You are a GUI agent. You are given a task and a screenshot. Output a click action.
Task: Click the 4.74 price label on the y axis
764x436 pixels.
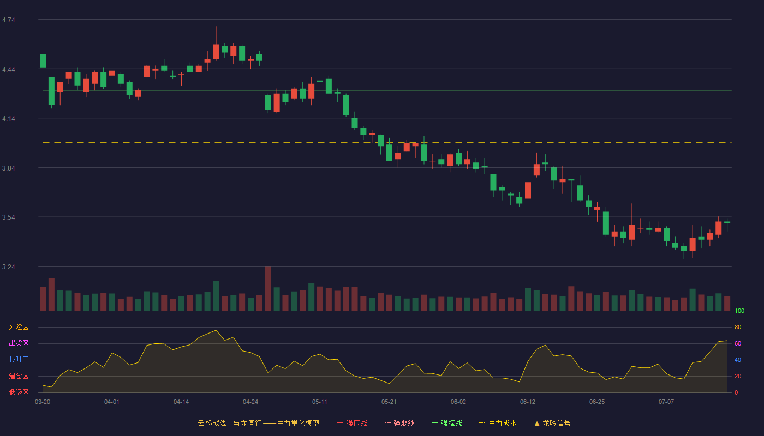pos(9,20)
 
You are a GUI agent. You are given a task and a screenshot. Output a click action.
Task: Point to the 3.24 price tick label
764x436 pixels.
pos(9,267)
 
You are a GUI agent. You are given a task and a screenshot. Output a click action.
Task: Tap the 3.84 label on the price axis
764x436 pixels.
pos(9,168)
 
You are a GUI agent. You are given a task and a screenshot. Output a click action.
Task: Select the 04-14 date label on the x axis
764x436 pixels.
pos(181,402)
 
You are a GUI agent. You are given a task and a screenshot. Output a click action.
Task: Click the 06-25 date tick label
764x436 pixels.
pos(597,402)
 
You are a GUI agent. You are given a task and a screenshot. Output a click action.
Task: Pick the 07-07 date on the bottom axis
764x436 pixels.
pos(666,402)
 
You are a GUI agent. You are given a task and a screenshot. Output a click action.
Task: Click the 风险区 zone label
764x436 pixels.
pos(19,327)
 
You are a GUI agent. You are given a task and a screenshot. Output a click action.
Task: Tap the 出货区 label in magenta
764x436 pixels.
pos(19,343)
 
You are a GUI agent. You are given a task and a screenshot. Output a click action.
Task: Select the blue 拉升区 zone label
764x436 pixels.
pos(19,359)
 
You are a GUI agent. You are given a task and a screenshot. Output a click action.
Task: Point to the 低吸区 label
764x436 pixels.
pos(19,392)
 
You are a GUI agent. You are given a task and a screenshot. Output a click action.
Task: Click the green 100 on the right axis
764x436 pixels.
pos(739,311)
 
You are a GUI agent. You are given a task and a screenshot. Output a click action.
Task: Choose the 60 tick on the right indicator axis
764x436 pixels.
pos(738,343)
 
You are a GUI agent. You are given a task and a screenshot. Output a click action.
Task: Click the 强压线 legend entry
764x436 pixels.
pos(352,423)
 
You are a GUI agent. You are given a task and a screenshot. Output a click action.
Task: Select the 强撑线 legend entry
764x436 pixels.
pos(447,423)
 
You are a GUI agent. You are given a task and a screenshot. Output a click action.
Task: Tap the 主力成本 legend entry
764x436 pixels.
pos(498,423)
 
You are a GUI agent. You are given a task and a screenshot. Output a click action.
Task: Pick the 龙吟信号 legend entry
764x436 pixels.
pos(552,423)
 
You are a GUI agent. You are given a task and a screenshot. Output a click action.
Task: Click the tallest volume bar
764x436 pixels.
pos(268,288)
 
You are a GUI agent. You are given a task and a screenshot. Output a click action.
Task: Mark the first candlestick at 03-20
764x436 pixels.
pos(43,58)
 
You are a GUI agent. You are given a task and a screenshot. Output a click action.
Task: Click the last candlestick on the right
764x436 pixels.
pos(727,225)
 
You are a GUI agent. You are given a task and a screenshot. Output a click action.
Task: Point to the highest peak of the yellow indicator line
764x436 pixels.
pos(216,330)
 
